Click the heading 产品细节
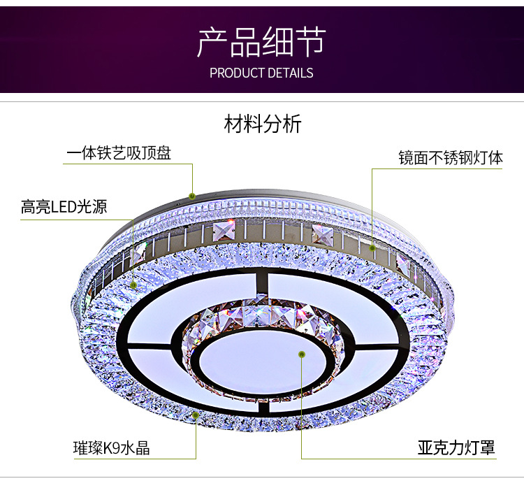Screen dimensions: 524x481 [x=261, y=43]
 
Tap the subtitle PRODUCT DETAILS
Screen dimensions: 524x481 [x=261, y=73]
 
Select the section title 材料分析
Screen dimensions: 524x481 [x=262, y=125]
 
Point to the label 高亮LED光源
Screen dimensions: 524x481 [x=64, y=207]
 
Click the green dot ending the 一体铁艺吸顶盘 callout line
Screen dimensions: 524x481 [x=193, y=195]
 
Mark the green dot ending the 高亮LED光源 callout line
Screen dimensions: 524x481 [x=133, y=285]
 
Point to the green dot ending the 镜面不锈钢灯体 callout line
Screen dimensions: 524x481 [x=373, y=247]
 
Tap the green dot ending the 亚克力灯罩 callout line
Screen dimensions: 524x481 [x=302, y=354]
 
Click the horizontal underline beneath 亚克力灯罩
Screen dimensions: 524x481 [x=398, y=459]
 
